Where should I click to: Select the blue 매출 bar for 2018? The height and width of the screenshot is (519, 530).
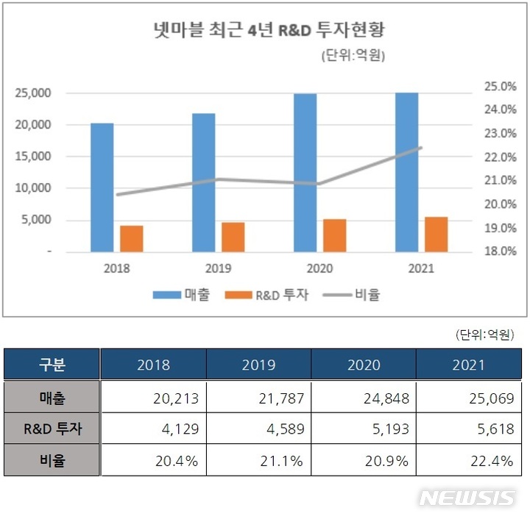pos(102,187)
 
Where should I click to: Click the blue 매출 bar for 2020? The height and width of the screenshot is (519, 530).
pos(305,173)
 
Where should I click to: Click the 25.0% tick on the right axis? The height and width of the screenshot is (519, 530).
pos(499,86)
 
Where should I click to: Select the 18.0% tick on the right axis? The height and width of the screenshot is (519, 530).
pos(499,251)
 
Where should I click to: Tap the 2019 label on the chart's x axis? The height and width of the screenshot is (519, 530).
pos(218,268)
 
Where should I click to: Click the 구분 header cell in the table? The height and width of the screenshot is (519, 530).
pos(52,365)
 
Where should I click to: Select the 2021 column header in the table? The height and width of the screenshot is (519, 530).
pos(469,365)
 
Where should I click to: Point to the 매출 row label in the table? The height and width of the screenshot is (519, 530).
pos(52,398)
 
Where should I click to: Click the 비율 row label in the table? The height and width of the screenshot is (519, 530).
pos(52,461)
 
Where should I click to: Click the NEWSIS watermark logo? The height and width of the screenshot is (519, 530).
pos(467,498)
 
